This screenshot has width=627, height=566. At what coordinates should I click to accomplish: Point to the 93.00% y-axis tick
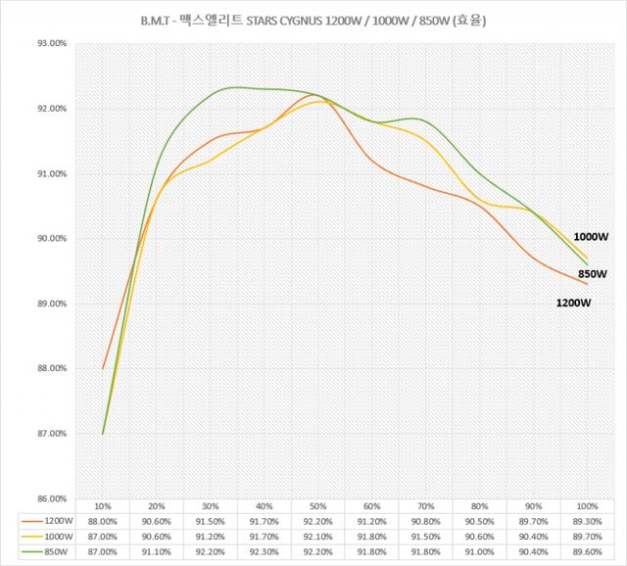coord(49,44)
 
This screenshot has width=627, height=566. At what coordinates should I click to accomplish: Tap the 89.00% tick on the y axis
coord(49,304)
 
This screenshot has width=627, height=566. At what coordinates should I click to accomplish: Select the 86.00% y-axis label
coord(49,498)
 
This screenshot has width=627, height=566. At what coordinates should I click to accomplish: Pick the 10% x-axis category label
coord(102,505)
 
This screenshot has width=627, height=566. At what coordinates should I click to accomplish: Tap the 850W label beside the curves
coord(591,274)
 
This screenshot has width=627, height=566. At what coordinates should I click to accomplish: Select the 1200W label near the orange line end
coord(573,303)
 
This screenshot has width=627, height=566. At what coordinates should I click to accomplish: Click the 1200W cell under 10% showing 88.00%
coord(102,522)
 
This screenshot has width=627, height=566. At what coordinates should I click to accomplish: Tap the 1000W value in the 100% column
coord(587,538)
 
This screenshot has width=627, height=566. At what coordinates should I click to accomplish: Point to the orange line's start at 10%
coord(103,369)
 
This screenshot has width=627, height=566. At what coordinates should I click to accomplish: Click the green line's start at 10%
coord(103,434)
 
